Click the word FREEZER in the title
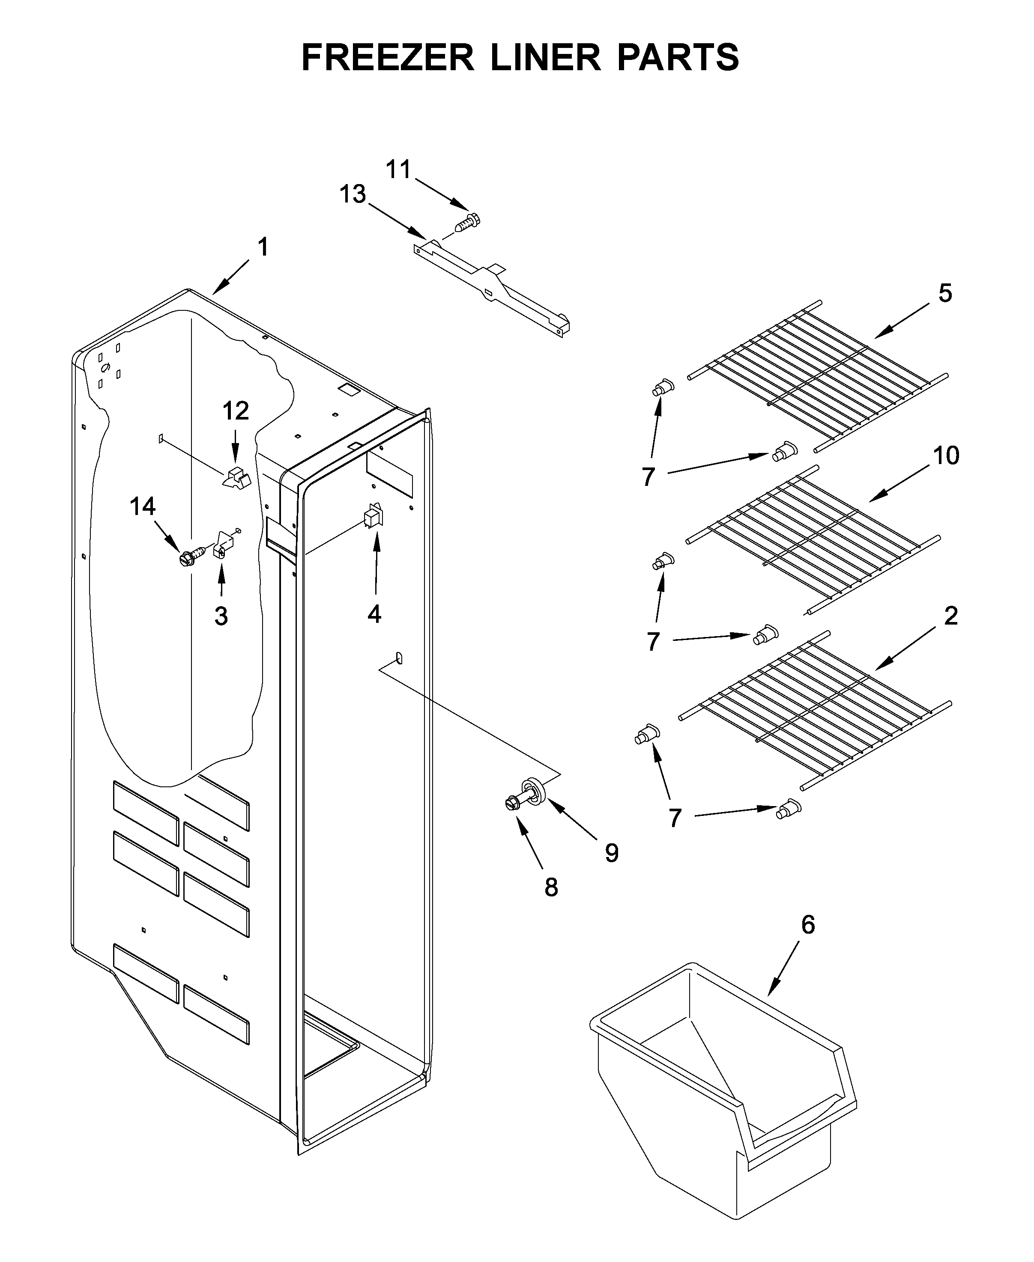click(x=387, y=58)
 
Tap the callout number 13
click(x=353, y=195)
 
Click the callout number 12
click(x=235, y=411)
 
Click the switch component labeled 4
click(x=373, y=516)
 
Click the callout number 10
click(x=945, y=456)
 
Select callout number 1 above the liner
click(x=263, y=247)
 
